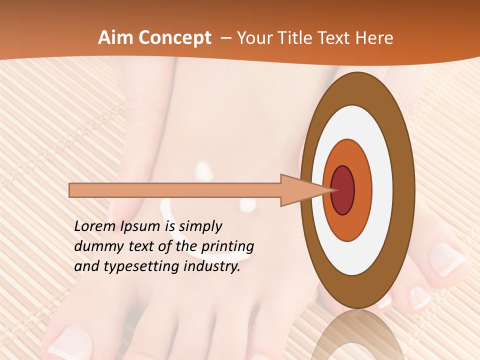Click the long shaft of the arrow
(x=175, y=190)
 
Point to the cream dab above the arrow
(x=203, y=170)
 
